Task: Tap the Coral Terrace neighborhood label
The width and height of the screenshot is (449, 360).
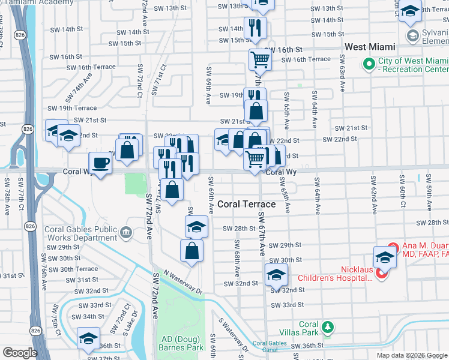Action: pyautogui.click(x=246, y=204)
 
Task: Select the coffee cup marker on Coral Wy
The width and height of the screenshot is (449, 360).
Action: pyautogui.click(x=100, y=163)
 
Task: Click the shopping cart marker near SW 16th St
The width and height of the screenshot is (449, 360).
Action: pyautogui.click(x=260, y=59)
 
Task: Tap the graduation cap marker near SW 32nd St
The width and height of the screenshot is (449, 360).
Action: pyautogui.click(x=276, y=275)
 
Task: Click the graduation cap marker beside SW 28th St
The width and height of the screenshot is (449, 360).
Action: pyautogui.click(x=196, y=227)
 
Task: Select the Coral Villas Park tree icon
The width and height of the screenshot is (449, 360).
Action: pyautogui.click(x=327, y=327)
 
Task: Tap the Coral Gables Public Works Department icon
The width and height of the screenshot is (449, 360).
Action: pyautogui.click(x=126, y=232)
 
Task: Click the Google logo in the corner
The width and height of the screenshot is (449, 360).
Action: pyautogui.click(x=20, y=353)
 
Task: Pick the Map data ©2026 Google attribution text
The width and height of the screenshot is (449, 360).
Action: pyautogui.click(x=412, y=355)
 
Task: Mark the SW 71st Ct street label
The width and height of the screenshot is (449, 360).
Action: pyautogui.click(x=157, y=82)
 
